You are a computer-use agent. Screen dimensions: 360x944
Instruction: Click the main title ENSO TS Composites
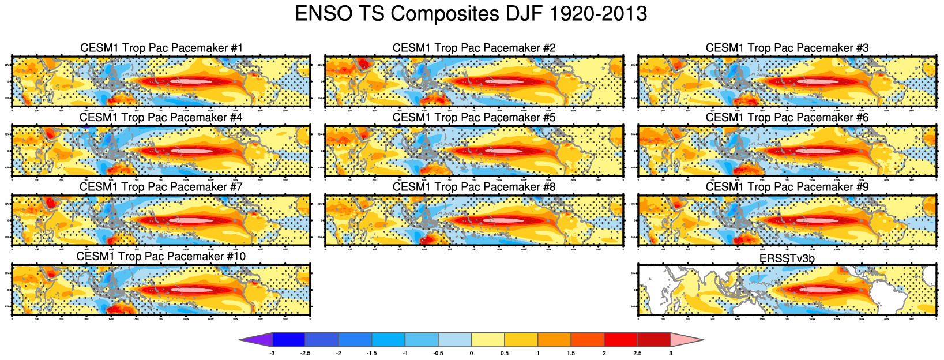(x=471, y=14)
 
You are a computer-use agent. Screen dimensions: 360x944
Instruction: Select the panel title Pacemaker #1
(x=161, y=48)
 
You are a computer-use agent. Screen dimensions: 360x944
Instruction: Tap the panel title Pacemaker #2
(x=474, y=48)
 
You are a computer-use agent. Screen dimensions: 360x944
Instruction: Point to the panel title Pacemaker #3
(x=787, y=48)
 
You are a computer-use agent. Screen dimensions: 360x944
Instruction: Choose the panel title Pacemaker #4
(x=161, y=118)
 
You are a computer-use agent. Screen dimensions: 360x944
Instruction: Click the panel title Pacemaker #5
(x=474, y=118)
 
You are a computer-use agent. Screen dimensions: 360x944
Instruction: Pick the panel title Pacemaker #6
(x=787, y=118)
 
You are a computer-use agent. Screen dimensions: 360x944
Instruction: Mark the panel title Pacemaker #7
(x=161, y=187)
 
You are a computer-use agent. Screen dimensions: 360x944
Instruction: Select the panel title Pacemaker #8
(x=474, y=187)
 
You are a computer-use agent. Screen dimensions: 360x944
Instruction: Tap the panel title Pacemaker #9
(x=787, y=187)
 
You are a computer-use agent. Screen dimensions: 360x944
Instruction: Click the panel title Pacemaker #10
(x=161, y=257)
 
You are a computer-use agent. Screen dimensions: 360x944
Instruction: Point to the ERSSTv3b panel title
(x=787, y=258)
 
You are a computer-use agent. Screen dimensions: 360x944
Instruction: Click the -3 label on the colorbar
(x=272, y=353)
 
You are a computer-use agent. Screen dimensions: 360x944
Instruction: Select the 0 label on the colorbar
(x=471, y=353)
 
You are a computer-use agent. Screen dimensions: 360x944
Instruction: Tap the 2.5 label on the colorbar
(x=637, y=353)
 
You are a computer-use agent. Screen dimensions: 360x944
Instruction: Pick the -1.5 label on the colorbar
(x=371, y=353)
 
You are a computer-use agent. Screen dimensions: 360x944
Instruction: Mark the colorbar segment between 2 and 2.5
(x=620, y=340)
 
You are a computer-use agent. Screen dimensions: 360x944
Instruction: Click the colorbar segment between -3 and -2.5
(x=289, y=340)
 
